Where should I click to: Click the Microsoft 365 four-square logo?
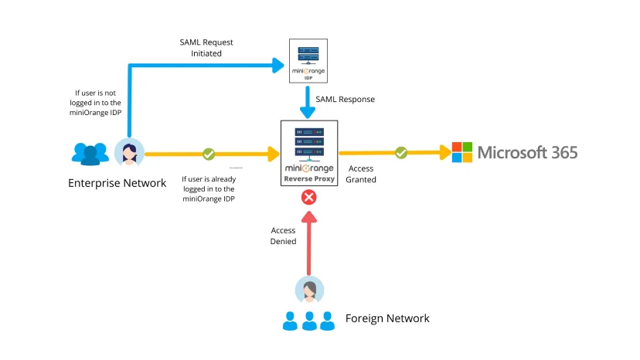pyautogui.click(x=461, y=152)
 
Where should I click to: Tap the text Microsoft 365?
pyautogui.click(x=527, y=152)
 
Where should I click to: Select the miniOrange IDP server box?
pyautogui.click(x=308, y=61)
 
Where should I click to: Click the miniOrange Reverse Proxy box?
pyautogui.click(x=308, y=153)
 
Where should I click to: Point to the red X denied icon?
pyautogui.click(x=308, y=198)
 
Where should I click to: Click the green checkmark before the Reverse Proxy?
pyautogui.click(x=208, y=154)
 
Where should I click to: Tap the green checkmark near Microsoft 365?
pyautogui.click(x=400, y=153)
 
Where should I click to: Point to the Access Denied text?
pyautogui.click(x=283, y=236)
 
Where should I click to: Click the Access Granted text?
pyautogui.click(x=362, y=174)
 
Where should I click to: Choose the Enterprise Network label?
pyautogui.click(x=117, y=183)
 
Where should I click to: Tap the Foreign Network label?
pyautogui.click(x=386, y=318)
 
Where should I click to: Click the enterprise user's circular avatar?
pyautogui.click(x=129, y=153)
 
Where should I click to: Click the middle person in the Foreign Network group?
pyautogui.click(x=309, y=321)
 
